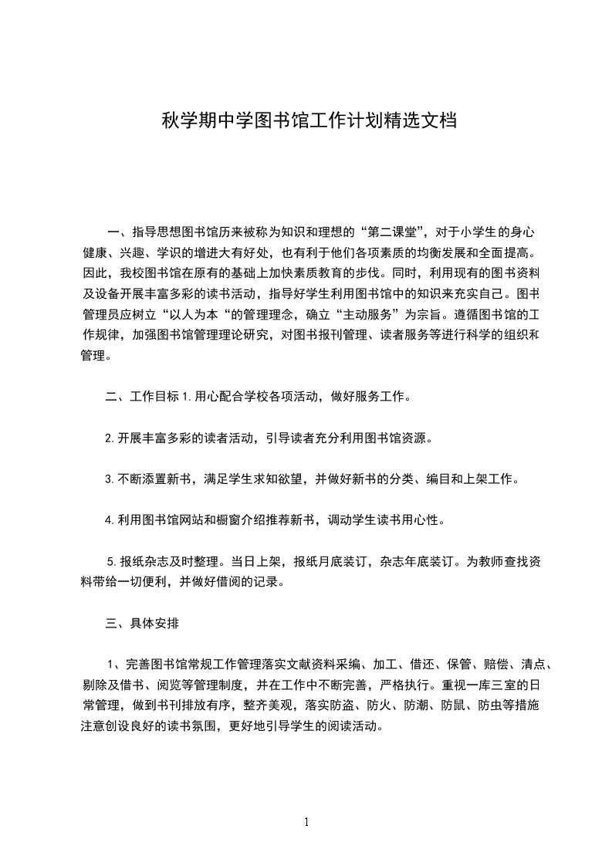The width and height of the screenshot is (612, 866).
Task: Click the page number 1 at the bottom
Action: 306,822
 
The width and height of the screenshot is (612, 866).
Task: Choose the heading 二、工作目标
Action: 142,397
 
